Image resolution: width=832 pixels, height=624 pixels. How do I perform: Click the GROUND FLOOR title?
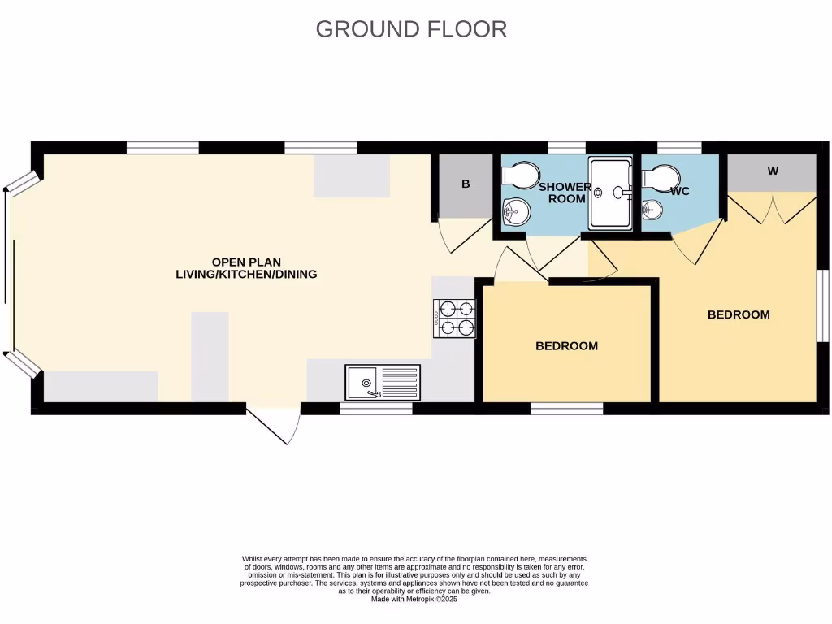(411, 28)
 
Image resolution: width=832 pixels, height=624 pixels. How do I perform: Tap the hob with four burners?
(455, 318)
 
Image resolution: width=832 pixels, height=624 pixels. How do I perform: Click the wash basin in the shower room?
(515, 212)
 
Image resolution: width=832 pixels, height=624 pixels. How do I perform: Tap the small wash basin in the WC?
(652, 210)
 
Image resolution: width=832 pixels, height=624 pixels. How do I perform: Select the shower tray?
(610, 193)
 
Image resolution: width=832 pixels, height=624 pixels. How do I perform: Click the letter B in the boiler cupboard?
(466, 184)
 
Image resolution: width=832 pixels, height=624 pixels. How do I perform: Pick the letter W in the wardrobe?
(773, 171)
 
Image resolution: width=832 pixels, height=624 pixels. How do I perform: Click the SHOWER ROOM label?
(565, 193)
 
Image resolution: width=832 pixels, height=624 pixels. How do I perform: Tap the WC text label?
(680, 191)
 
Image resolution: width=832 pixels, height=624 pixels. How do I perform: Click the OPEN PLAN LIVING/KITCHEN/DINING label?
(246, 268)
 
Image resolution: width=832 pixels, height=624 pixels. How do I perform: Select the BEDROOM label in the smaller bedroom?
(566, 345)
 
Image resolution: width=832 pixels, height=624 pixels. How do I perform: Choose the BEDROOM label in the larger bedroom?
(739, 314)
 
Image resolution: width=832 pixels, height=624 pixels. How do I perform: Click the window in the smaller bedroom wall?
(566, 408)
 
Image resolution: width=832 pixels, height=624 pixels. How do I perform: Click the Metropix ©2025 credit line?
(414, 600)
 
